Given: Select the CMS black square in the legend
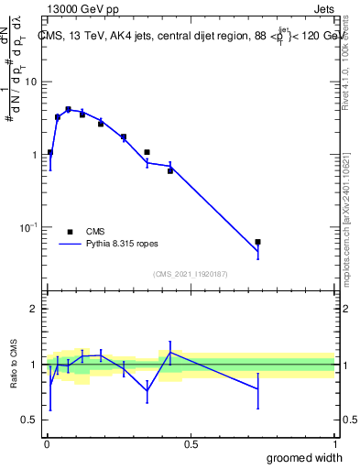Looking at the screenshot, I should tap(69, 232).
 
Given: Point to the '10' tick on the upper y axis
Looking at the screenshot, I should tap(31, 82).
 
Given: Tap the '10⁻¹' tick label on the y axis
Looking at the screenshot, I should tap(29, 227).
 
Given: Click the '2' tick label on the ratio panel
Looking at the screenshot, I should tap(36, 309).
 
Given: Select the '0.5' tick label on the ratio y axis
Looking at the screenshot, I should tap(30, 420).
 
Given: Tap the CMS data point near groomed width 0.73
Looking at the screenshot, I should tap(258, 242).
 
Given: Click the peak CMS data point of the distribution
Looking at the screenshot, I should tap(68, 109).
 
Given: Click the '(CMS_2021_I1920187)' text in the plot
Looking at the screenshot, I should tap(190, 273).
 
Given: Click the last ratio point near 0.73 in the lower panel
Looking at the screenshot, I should tap(258, 389).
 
